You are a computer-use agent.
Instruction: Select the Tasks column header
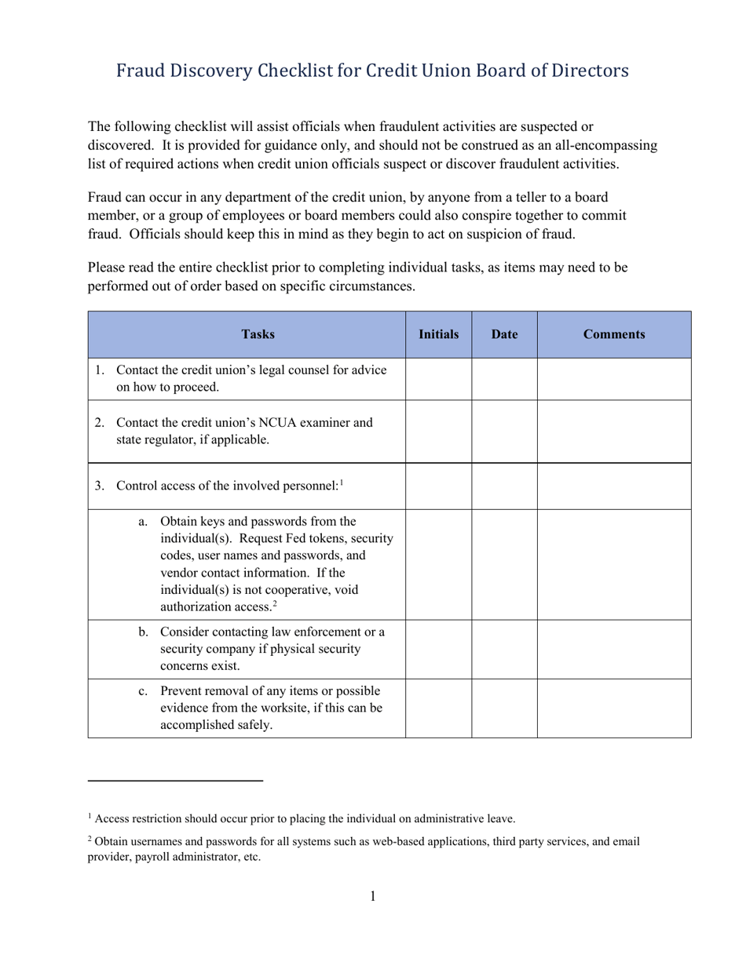258,334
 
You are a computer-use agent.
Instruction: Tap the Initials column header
438,334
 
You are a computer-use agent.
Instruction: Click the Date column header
504,334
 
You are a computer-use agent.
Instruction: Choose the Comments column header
614,334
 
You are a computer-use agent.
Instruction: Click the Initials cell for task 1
438,379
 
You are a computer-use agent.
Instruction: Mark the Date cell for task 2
504,432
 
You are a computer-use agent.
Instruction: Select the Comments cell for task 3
614,486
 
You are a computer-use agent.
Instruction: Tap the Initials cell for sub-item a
438,564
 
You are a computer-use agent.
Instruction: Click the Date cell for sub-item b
504,649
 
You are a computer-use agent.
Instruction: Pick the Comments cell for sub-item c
614,708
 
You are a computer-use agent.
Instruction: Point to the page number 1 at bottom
373,897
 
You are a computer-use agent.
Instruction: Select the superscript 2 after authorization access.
274,603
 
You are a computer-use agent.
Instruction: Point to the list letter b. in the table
143,632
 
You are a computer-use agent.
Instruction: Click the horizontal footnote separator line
175,781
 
